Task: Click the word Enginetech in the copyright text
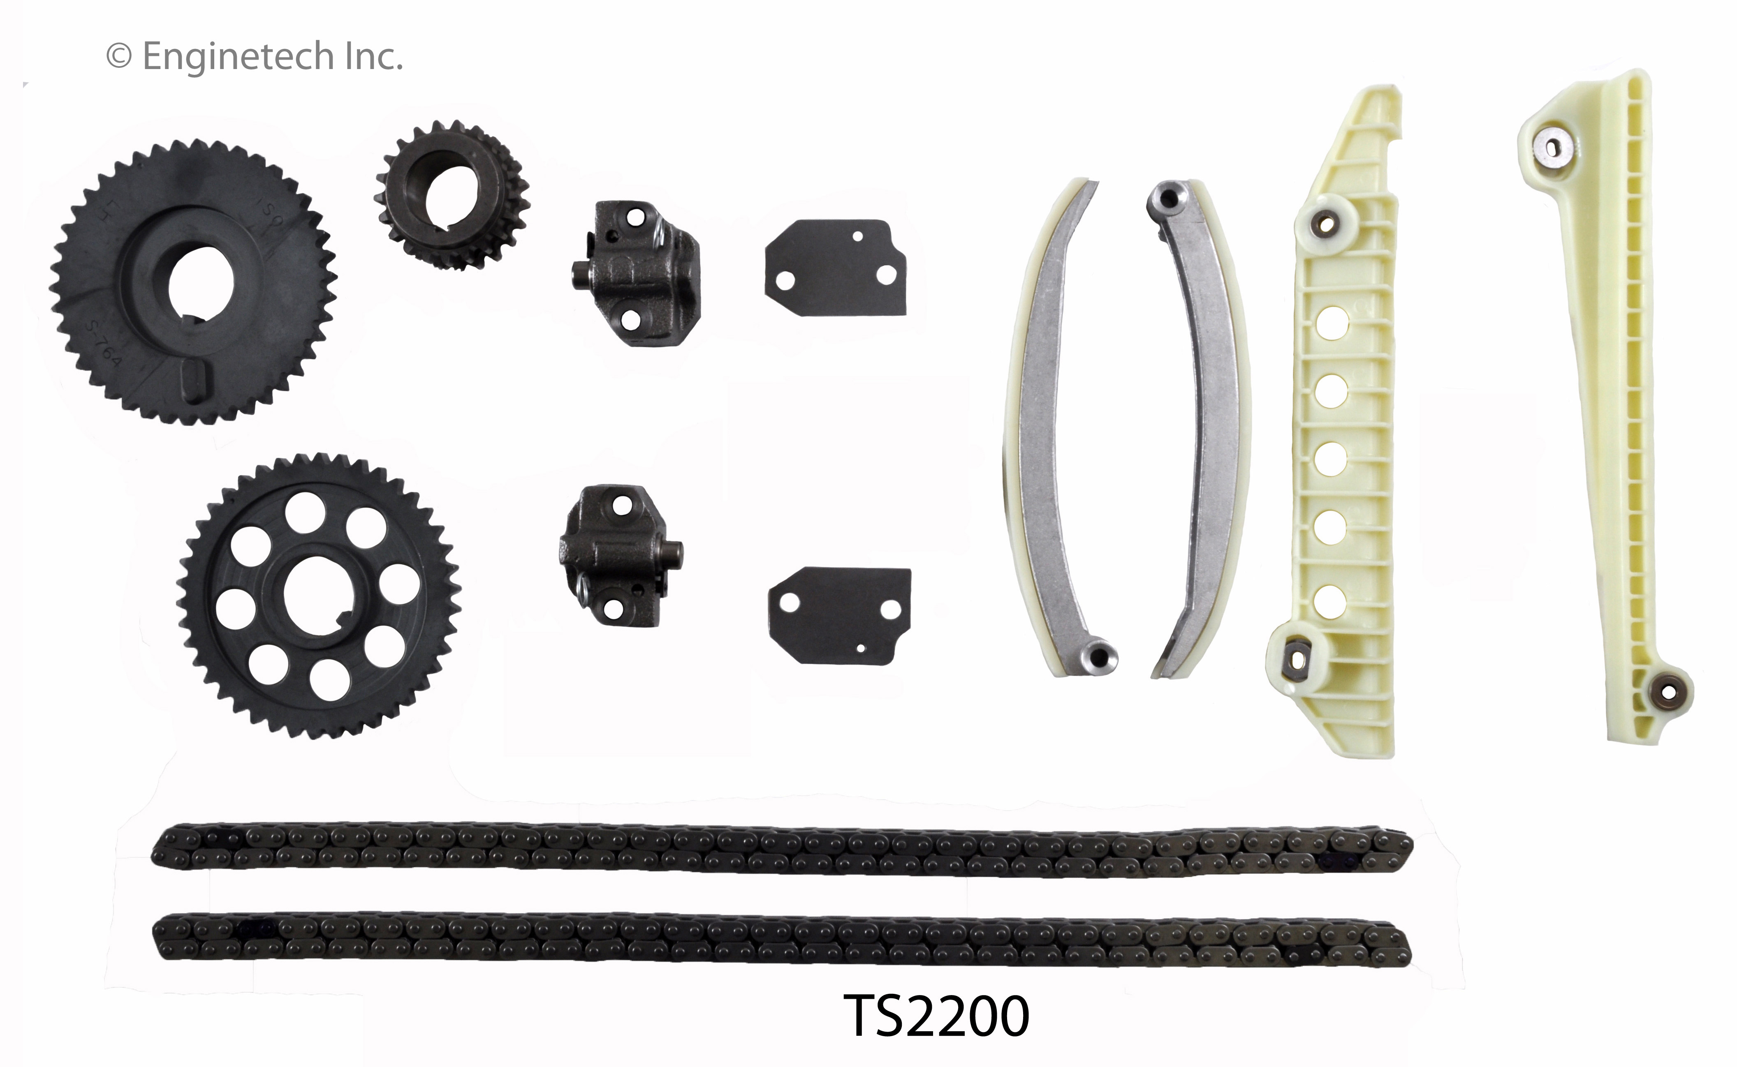point(238,56)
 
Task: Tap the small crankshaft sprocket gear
point(452,196)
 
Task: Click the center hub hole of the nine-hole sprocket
point(317,595)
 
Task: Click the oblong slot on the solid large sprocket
point(195,385)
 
